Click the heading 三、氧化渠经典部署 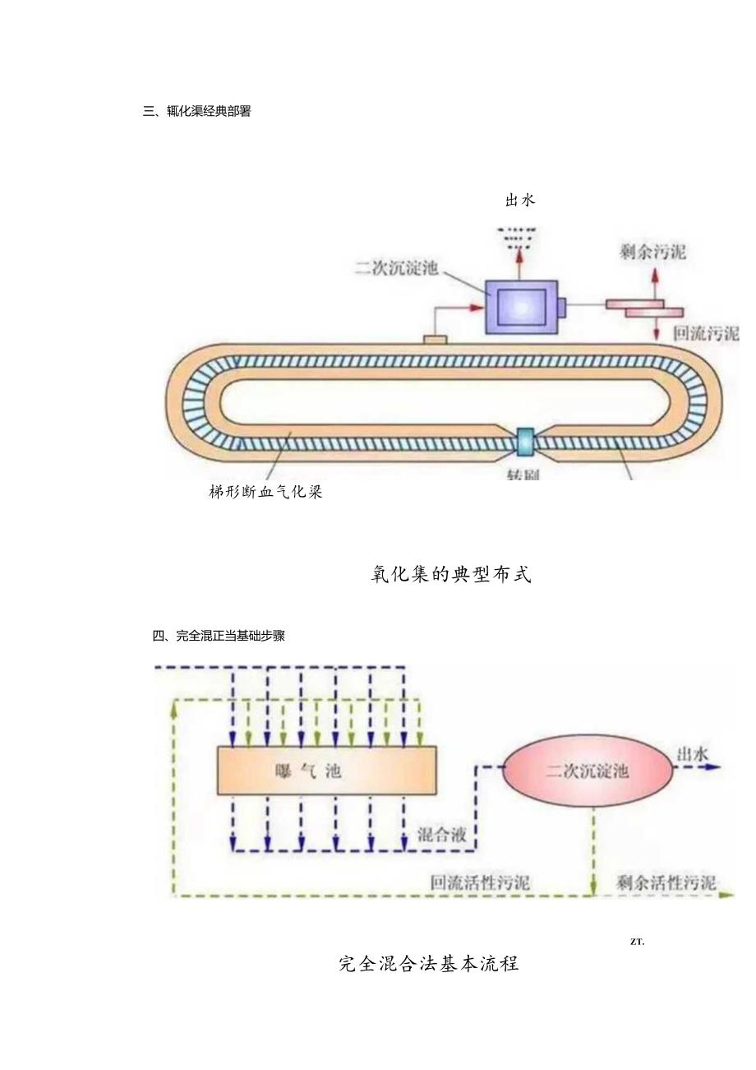[x=197, y=112]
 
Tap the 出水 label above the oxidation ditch [x=520, y=200]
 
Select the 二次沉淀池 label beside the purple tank [x=396, y=267]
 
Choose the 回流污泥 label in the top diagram [x=705, y=333]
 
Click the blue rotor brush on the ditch [x=523, y=442]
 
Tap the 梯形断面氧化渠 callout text [x=265, y=493]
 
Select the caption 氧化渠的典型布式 [x=451, y=575]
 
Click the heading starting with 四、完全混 [x=219, y=636]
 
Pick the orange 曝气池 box [x=326, y=771]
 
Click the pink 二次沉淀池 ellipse [x=587, y=771]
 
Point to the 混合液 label [x=442, y=835]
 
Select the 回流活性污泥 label [x=481, y=883]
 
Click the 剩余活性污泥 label [x=666, y=883]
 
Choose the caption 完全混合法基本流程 [x=428, y=963]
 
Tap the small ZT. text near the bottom [x=637, y=942]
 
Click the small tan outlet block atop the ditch [x=435, y=339]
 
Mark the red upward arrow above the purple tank [x=519, y=261]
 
